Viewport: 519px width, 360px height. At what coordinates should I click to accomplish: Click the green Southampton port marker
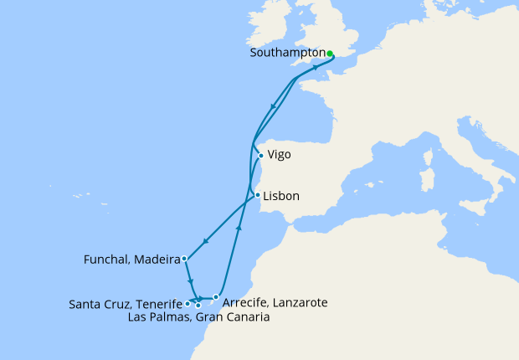point(330,54)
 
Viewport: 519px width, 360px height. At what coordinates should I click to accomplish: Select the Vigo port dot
point(261,155)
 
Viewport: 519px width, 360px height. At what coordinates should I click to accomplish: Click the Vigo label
point(280,155)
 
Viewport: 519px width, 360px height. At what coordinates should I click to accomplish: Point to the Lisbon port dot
point(257,196)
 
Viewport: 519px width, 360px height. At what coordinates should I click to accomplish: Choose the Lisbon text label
point(282,197)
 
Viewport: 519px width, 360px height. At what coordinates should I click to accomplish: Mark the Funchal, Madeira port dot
point(183,260)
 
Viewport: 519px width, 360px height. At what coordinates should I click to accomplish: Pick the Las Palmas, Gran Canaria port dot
point(198,306)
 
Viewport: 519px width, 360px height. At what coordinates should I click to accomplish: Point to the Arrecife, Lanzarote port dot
point(216,296)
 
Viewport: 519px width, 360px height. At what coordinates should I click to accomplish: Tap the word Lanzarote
point(298,301)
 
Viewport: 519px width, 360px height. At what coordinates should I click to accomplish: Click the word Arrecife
point(246,301)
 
